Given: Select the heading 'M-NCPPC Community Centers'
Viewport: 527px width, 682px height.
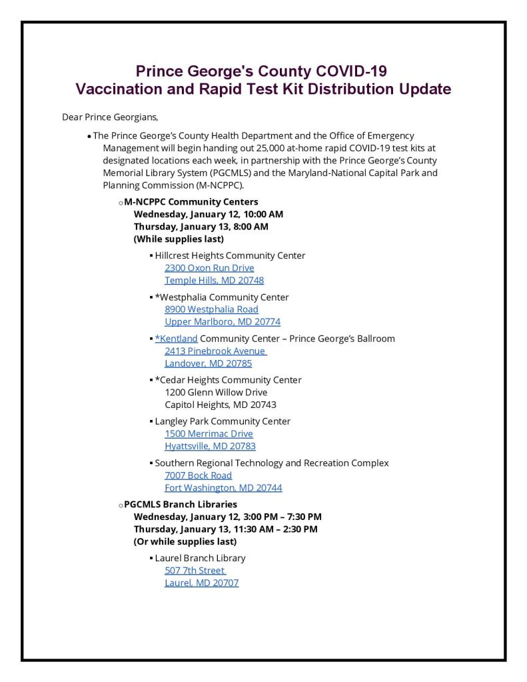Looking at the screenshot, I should point(191,202).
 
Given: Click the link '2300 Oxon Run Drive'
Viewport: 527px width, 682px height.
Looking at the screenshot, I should point(209,268).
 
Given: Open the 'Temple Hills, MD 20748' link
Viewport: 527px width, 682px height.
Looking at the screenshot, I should point(214,280).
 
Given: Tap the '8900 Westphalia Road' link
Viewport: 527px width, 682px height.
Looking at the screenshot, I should point(211,309).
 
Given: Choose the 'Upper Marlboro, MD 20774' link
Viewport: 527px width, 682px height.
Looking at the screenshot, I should point(223,321).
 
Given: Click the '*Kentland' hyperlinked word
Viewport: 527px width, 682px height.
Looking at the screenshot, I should point(177,339).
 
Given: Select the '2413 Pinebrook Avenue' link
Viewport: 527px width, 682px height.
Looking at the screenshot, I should point(215,351).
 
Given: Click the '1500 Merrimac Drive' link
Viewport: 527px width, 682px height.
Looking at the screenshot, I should point(209,434).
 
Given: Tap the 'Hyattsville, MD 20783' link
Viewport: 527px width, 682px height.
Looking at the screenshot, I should point(210,446).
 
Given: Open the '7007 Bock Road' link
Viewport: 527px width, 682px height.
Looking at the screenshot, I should point(198,475).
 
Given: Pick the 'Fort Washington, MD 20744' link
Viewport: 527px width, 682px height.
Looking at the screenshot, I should point(223,487).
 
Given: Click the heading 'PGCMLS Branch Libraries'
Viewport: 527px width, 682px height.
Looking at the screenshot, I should point(181,505).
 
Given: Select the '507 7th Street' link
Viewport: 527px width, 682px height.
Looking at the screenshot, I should point(195,571).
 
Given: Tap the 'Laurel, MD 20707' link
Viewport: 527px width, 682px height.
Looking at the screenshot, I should point(201,583).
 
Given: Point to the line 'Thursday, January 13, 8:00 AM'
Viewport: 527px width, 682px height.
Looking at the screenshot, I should point(201,227).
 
